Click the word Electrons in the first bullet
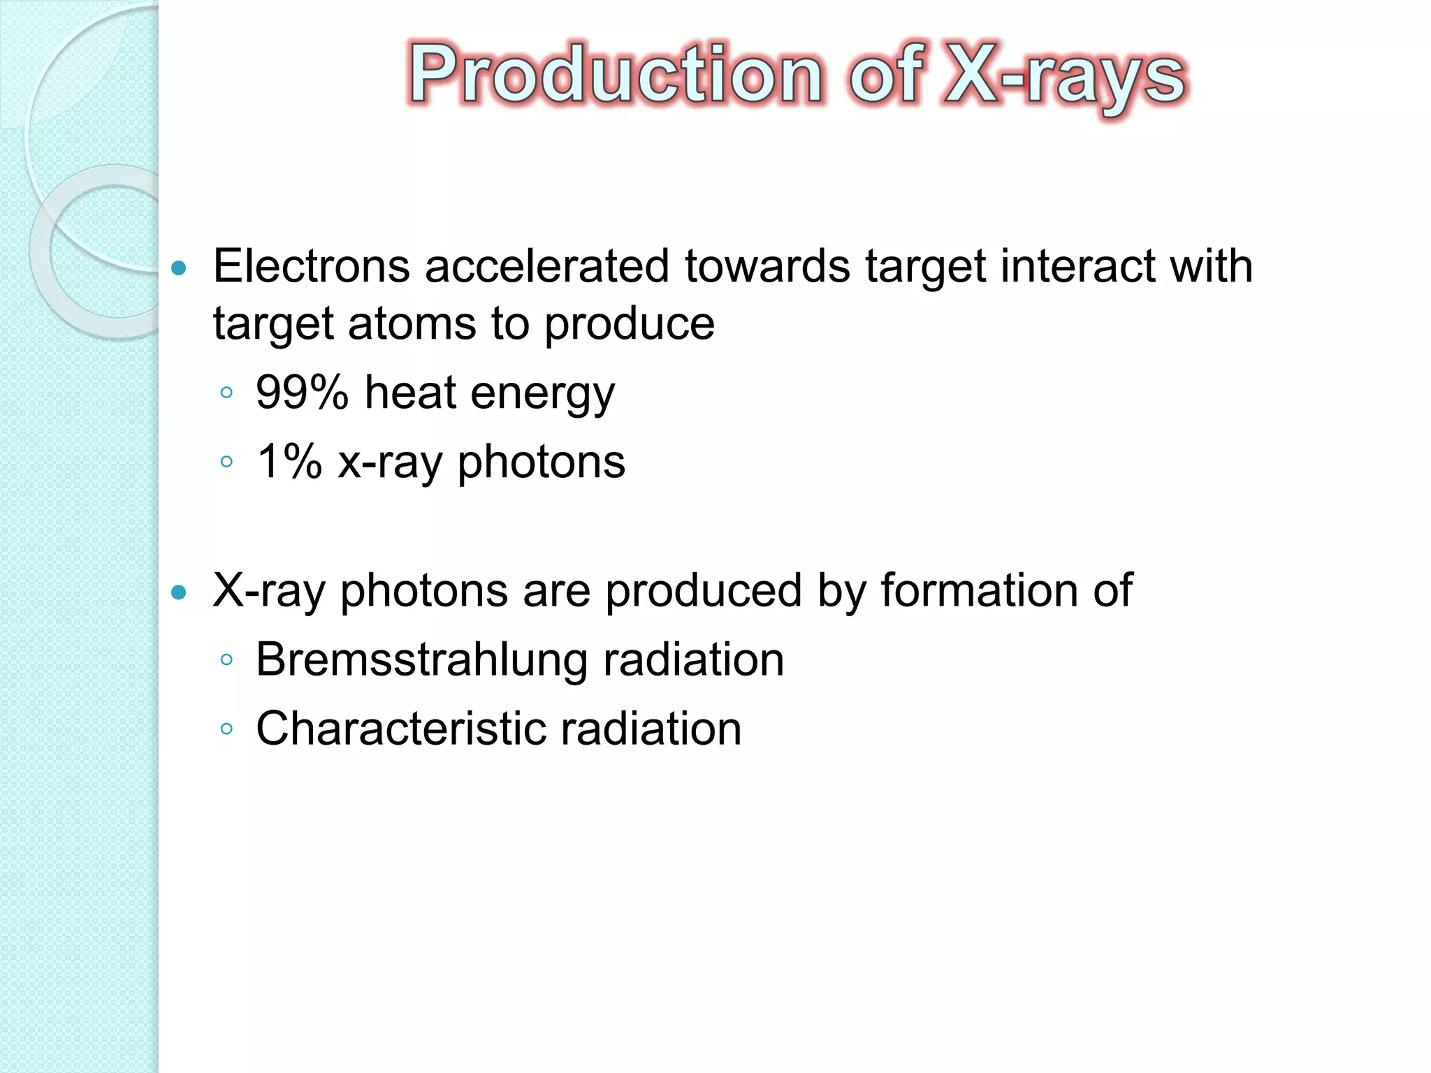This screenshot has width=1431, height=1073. click(x=311, y=266)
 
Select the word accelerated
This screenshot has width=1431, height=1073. click(x=547, y=266)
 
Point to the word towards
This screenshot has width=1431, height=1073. click(x=767, y=266)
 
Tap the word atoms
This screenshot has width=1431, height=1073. click(x=412, y=323)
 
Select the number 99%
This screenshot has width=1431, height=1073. click(x=302, y=392)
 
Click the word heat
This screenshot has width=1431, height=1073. click(x=410, y=392)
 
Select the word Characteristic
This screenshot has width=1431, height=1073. click(x=400, y=729)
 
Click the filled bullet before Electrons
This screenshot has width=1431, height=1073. click(x=180, y=268)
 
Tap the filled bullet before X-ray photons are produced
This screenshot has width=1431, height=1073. click(x=180, y=592)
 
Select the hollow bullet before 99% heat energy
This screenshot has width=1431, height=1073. click(x=226, y=393)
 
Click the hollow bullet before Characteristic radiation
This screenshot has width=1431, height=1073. click(x=226, y=729)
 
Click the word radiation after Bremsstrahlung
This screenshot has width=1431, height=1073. click(x=693, y=659)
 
